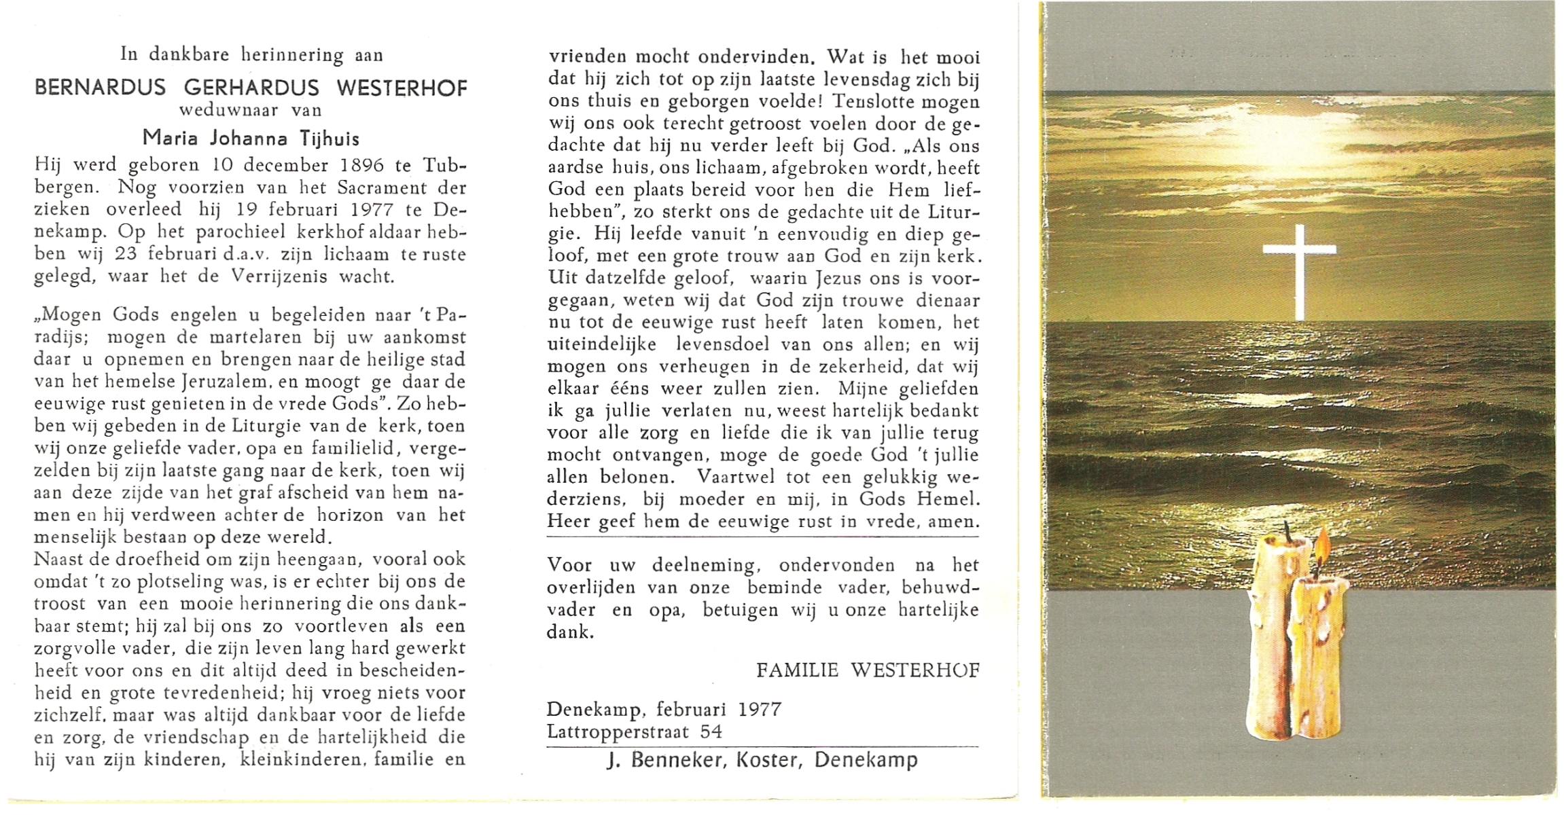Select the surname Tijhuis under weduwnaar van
tap(330, 139)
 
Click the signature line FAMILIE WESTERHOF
tap(868, 670)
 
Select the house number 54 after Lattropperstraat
tap(711, 731)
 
